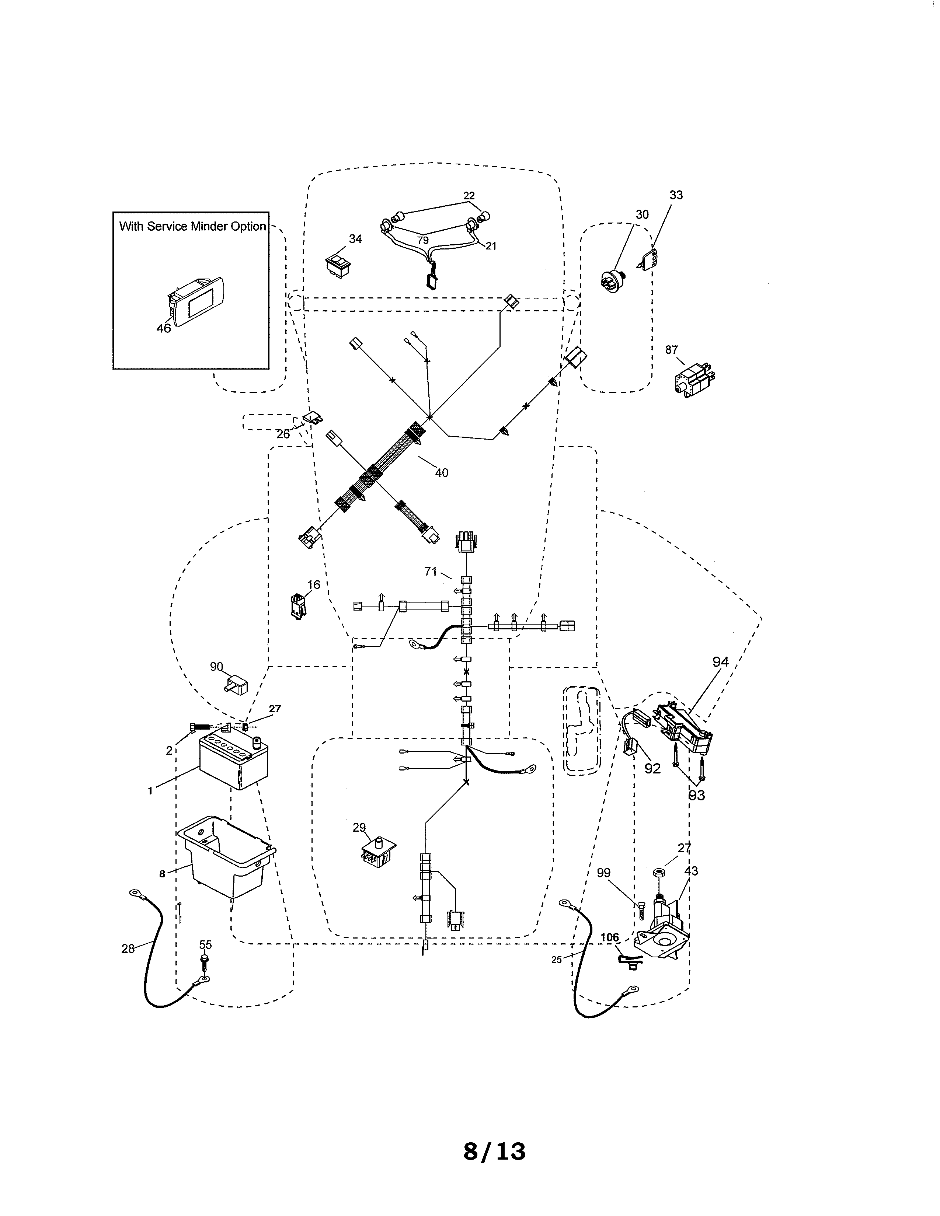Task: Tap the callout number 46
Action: pos(163,328)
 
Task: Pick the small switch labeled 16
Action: pos(298,606)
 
